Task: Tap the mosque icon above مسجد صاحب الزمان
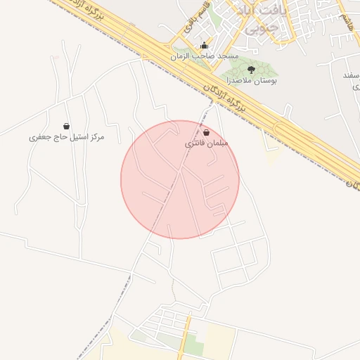tap(205, 46)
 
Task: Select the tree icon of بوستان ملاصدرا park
tap(251, 70)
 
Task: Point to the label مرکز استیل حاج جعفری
tap(67, 136)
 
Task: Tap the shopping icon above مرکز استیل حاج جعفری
tap(67, 126)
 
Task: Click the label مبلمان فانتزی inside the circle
tap(207, 143)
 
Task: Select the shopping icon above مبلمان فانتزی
tap(206, 132)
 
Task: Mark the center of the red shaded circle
tap(180, 179)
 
